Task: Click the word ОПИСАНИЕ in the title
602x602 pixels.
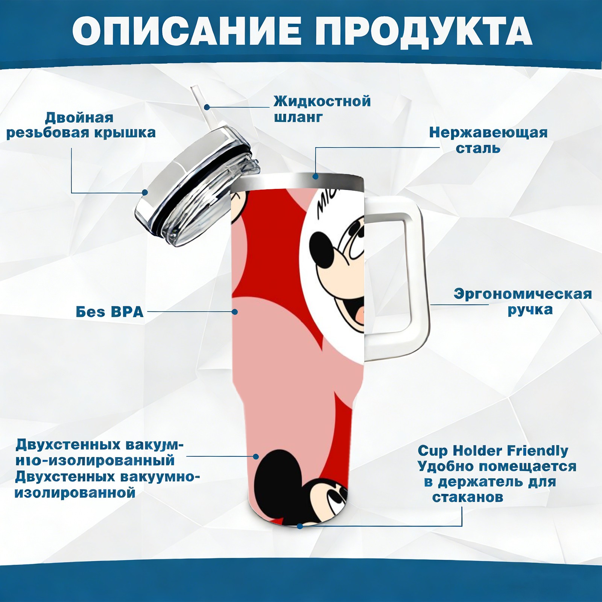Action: (186, 30)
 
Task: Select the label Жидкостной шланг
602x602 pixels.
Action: (322, 109)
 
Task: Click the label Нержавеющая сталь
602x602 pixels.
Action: (488, 140)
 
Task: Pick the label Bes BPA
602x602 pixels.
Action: (110, 312)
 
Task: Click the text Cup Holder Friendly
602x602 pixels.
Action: (493, 450)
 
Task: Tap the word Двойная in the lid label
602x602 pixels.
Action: (79, 118)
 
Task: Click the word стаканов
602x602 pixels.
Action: (468, 497)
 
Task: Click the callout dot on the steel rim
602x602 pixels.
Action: (315, 176)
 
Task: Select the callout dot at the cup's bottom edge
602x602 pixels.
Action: (300, 526)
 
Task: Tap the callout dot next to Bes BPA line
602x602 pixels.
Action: (235, 312)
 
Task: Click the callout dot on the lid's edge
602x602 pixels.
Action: (145, 193)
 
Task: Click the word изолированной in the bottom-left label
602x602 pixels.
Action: (75, 493)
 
